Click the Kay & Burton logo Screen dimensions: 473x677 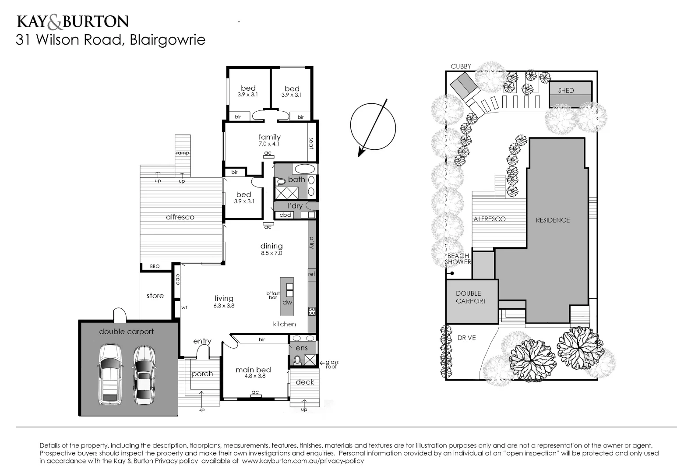click(72, 21)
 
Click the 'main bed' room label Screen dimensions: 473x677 click(253, 370)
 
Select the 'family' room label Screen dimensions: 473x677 click(269, 137)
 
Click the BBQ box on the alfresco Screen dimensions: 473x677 click(155, 266)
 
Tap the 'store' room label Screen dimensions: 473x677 click(155, 296)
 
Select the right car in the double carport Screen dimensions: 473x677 click(143, 375)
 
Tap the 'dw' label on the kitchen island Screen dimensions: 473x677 click(287, 302)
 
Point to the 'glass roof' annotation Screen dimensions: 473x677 click(331, 364)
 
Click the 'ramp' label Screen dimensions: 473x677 click(183, 153)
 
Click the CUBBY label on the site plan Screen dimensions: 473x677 click(461, 67)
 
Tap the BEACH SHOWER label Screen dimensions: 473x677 click(458, 259)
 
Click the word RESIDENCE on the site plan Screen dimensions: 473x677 click(553, 220)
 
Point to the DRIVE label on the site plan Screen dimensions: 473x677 click(466, 338)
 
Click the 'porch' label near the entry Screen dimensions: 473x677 click(202, 374)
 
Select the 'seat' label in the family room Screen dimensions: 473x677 click(311, 144)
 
